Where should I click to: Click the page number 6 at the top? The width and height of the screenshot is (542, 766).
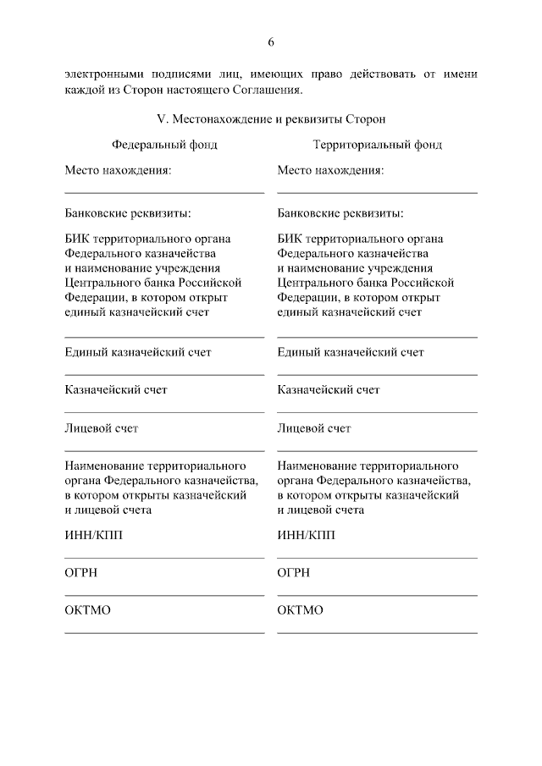point(271,41)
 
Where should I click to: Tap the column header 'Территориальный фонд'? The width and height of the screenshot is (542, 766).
point(377,145)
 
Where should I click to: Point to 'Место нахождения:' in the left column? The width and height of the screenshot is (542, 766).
point(118,170)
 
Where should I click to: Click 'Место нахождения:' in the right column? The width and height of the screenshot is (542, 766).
point(330,170)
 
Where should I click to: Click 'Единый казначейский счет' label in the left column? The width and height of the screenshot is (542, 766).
point(138,352)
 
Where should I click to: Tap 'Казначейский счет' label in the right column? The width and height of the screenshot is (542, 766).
point(329,390)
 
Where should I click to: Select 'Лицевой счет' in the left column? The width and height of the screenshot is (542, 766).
point(102,428)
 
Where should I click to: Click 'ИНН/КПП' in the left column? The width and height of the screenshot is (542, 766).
point(93,535)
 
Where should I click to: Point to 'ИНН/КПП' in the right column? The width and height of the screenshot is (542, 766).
point(306,535)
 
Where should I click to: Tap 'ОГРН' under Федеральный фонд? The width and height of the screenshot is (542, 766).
point(81,573)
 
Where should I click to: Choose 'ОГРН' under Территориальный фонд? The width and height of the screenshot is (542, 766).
point(294,573)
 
